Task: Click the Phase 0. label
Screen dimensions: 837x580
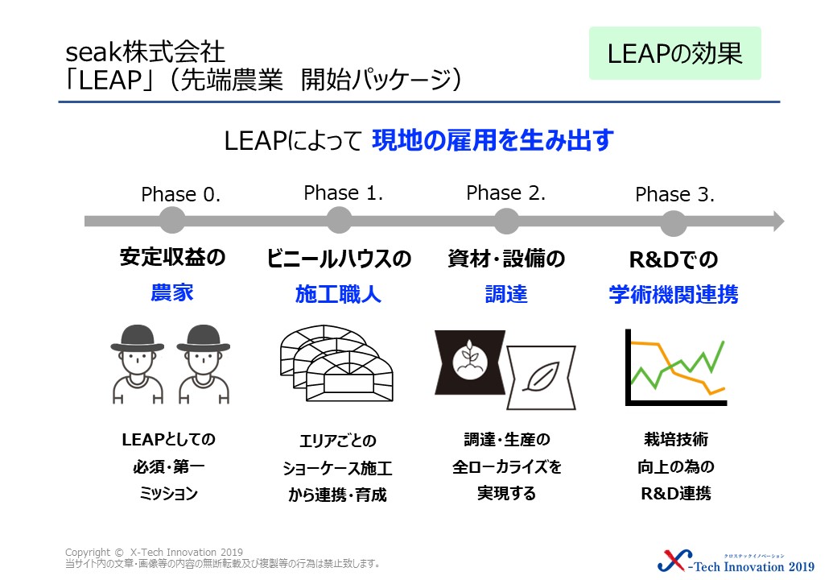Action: point(180,194)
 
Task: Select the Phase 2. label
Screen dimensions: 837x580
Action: point(505,193)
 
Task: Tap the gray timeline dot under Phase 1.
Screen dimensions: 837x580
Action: point(339,220)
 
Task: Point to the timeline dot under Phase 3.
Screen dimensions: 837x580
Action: point(674,222)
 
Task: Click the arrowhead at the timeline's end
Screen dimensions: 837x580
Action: point(777,221)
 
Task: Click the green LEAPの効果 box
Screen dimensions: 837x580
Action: point(674,53)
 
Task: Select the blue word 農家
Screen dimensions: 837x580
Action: point(172,292)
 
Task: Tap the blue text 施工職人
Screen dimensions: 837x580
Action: point(339,294)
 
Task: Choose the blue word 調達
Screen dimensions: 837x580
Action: point(506,294)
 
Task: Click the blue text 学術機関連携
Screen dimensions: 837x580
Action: point(674,294)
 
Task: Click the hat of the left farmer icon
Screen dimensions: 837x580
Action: point(137,338)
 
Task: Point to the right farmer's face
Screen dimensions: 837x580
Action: point(204,361)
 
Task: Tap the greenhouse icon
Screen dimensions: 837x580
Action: point(336,363)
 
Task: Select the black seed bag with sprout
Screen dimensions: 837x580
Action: point(470,362)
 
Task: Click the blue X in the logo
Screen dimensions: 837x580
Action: point(674,561)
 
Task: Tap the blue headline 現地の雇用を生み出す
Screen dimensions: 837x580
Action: point(493,140)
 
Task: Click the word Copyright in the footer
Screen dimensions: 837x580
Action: point(88,553)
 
